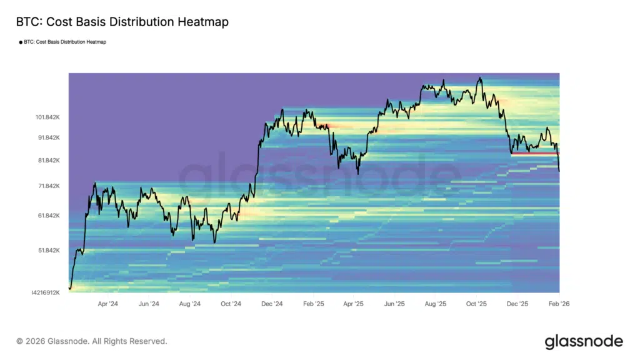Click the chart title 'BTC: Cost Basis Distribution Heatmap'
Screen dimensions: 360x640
coord(122,22)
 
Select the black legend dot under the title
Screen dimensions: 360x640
coord(20,42)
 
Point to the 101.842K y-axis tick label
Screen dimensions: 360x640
coord(47,117)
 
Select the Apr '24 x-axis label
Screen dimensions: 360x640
coord(108,304)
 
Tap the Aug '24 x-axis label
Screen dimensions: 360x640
coord(190,304)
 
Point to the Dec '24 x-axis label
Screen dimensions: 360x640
coord(272,304)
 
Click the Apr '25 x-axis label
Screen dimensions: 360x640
coord(354,304)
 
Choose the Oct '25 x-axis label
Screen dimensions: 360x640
coord(476,304)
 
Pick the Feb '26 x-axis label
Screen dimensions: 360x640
coord(558,304)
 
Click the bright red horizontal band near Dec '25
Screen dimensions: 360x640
coord(534,153)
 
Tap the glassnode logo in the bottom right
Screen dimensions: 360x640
coord(584,341)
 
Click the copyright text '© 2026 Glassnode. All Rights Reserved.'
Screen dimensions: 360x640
coord(91,341)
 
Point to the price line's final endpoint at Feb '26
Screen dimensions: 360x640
coord(559,171)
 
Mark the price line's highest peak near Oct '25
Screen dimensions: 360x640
coord(479,78)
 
